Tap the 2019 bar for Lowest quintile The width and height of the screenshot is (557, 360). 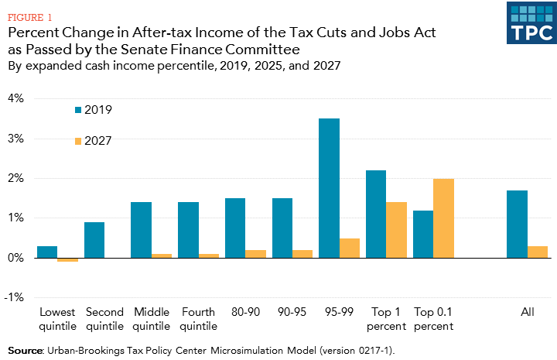(x=47, y=252)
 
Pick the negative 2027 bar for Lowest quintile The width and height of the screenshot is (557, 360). (x=68, y=259)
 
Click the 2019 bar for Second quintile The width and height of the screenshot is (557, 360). (x=94, y=240)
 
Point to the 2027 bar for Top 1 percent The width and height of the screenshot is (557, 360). (x=397, y=230)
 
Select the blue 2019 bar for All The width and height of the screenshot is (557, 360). (x=517, y=224)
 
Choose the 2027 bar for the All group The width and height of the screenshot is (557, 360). (x=538, y=252)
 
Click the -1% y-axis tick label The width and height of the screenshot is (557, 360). (x=14, y=297)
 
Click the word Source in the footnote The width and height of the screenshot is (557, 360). (x=25, y=350)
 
